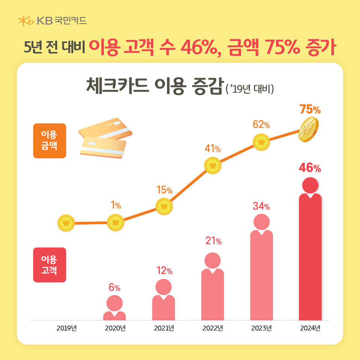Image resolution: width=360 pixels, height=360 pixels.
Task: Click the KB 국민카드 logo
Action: [53, 21]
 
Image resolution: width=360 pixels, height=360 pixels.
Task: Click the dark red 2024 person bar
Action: [310, 255]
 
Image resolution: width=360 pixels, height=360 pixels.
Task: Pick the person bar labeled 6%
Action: [114, 309]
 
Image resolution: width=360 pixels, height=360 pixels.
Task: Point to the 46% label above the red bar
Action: [310, 168]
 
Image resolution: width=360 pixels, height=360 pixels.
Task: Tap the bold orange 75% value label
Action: [310, 110]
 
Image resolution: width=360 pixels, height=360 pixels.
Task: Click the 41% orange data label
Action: [213, 148]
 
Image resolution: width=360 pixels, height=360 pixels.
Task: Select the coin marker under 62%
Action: [261, 142]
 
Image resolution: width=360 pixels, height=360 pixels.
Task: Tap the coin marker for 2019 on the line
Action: [66, 223]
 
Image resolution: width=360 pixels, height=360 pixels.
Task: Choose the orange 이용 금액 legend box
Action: [49, 141]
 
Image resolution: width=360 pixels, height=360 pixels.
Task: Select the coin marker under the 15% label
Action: [164, 206]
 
